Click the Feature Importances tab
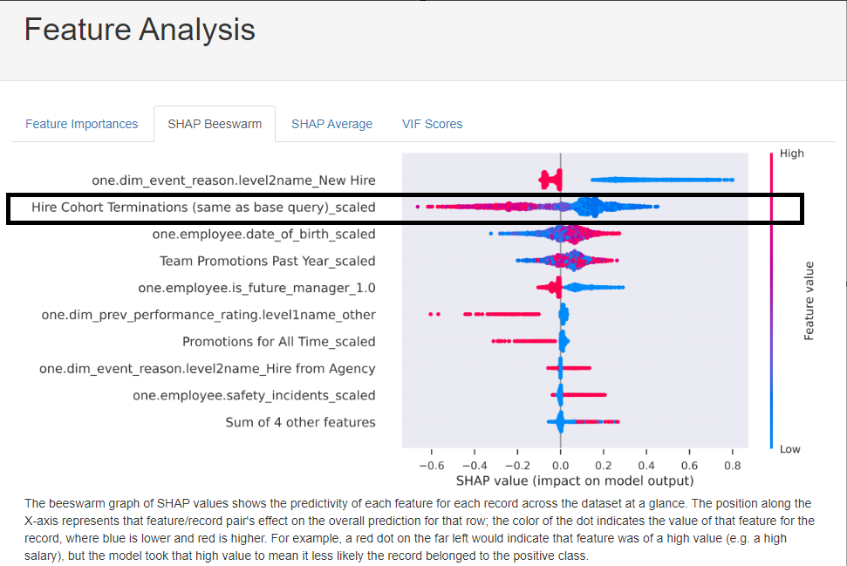[x=81, y=124]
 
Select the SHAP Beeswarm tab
[x=215, y=124]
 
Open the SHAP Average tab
[x=331, y=124]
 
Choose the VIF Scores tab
[x=432, y=124]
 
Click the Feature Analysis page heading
[x=140, y=30]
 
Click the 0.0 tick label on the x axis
[x=560, y=465]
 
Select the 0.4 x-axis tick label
[x=646, y=465]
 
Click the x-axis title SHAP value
[x=575, y=481]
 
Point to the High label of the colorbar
[x=792, y=153]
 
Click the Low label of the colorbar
[x=790, y=449]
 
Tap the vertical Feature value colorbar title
[x=809, y=301]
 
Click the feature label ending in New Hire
[x=234, y=181]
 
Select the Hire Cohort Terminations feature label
[x=203, y=208]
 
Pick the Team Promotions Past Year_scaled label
[x=267, y=261]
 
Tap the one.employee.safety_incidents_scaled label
[x=254, y=395]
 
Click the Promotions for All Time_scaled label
[x=278, y=341]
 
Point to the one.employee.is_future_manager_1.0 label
[x=256, y=288]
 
